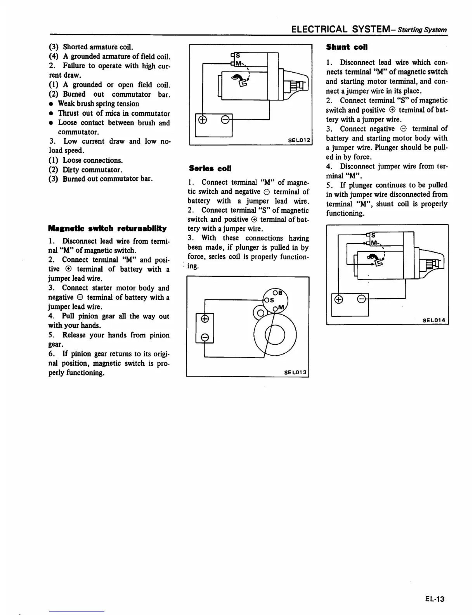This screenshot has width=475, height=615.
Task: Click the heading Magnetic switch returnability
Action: coord(107,228)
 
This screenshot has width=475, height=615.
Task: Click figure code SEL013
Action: coord(296,373)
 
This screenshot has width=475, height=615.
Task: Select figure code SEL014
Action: coord(434,320)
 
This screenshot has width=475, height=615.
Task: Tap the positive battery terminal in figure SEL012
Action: coord(202,120)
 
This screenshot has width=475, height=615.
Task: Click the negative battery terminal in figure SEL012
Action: coord(224,120)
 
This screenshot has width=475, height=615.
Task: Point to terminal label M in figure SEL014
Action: coord(374,243)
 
